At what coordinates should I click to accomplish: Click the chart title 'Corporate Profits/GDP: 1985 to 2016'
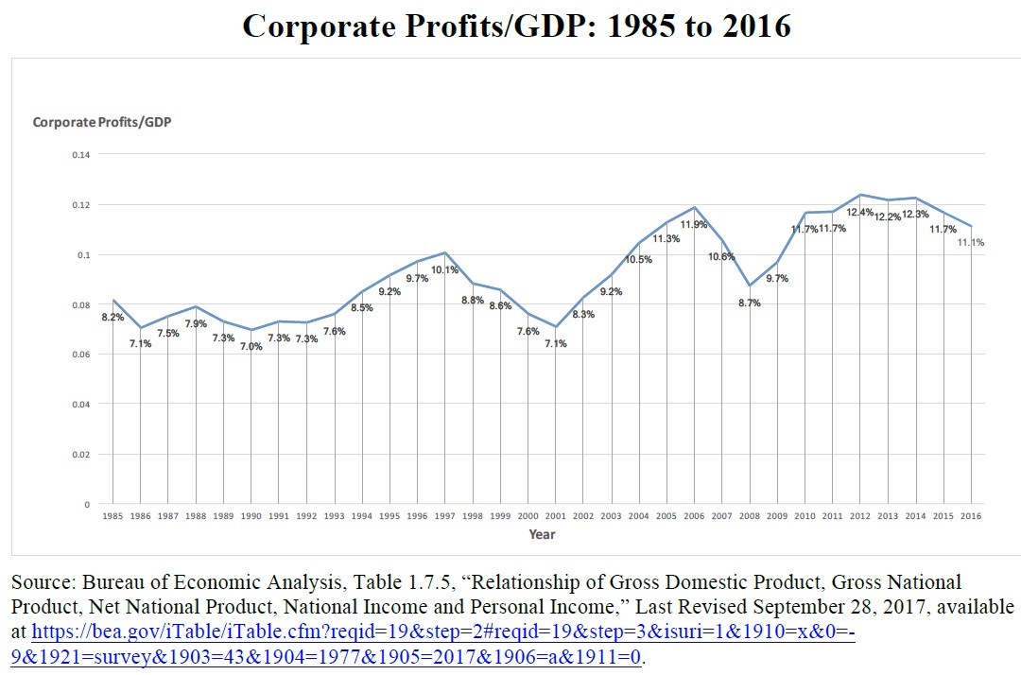click(x=515, y=26)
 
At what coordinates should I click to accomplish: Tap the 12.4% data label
click(x=859, y=213)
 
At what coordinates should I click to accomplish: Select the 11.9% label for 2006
click(x=694, y=225)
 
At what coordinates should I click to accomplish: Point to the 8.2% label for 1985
click(x=112, y=318)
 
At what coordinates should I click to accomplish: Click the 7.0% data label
click(x=251, y=347)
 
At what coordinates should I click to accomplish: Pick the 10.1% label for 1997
click(x=444, y=270)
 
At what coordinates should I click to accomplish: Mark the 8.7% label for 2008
click(x=749, y=303)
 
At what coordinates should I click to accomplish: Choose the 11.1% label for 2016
click(x=971, y=243)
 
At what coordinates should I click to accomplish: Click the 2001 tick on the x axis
click(x=555, y=516)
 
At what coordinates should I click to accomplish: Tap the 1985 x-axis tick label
click(x=112, y=516)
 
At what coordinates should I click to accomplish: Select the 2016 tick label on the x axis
click(x=970, y=516)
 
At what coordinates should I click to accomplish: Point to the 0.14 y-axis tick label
click(x=81, y=154)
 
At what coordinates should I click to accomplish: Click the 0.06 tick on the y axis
click(x=81, y=355)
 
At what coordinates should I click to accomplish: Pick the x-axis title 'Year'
click(x=542, y=535)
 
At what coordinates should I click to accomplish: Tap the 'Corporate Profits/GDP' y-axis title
click(x=102, y=122)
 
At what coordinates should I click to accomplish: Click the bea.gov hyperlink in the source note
click(x=444, y=632)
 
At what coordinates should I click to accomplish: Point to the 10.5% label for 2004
click(x=638, y=260)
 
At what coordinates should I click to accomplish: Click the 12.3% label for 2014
click(x=915, y=215)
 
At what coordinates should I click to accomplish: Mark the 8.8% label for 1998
click(x=472, y=301)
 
